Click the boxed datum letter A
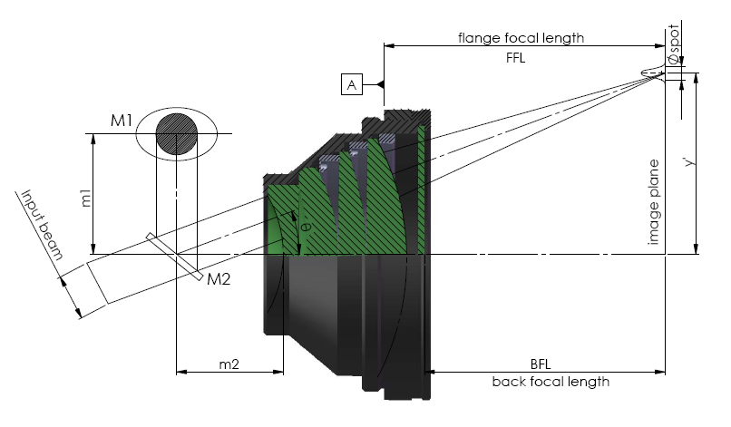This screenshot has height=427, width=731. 352,85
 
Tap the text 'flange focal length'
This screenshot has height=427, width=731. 521,38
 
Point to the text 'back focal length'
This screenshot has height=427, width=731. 551,382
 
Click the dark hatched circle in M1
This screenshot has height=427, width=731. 177,135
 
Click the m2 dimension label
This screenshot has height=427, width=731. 229,364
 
